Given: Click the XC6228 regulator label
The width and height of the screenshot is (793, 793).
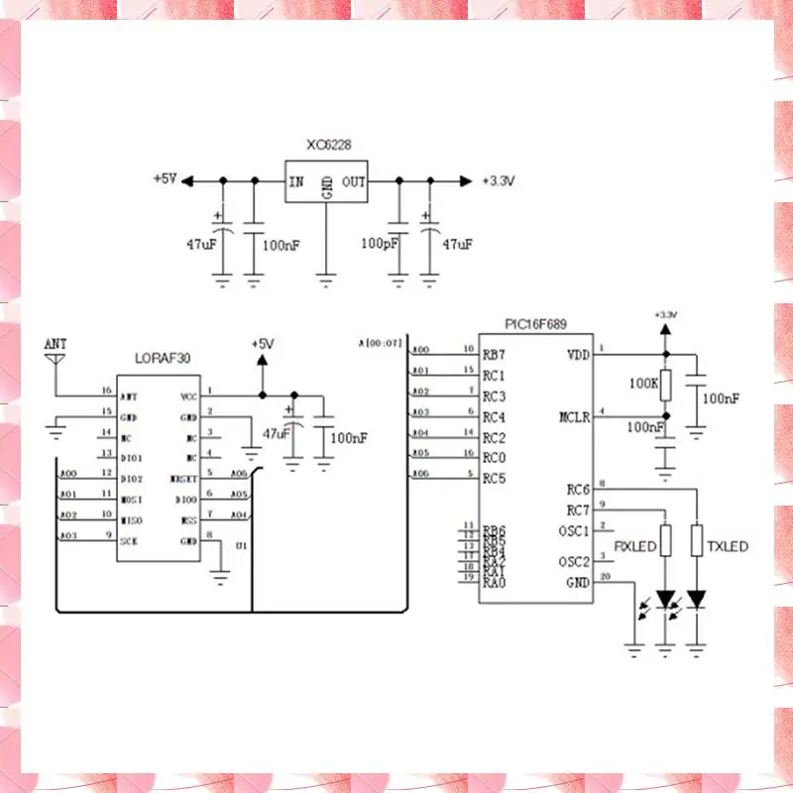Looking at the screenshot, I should click(328, 145).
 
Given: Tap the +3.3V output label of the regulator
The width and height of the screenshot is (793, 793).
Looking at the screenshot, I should click(499, 181).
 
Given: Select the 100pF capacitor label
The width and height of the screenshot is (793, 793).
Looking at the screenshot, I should click(380, 243).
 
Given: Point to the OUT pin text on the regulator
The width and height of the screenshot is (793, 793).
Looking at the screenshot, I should click(354, 182).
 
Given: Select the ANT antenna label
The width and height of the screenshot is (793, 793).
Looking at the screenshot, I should click(56, 344).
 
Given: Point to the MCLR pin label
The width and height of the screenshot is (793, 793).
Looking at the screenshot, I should click(575, 416).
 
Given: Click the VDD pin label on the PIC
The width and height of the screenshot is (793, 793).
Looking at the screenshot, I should click(578, 354).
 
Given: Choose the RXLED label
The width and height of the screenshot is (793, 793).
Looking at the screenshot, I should click(635, 546).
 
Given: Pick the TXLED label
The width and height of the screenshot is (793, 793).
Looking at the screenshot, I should click(728, 546).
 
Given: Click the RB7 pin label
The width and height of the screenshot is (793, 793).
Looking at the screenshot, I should click(494, 354).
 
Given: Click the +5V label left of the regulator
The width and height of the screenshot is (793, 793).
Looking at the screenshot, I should click(165, 179).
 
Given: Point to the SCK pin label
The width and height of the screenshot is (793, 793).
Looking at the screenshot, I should click(130, 540).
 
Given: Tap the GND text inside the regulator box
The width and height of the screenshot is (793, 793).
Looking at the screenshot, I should click(327, 188).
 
